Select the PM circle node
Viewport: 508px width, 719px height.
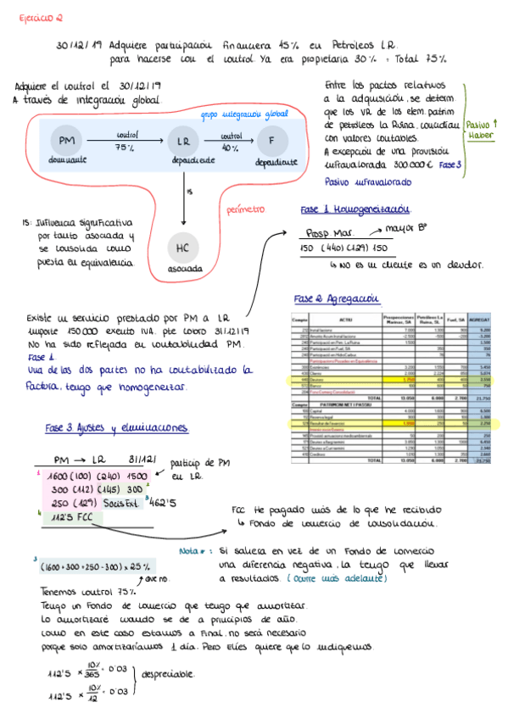pos(66,141)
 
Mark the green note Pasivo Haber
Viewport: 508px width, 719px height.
pos(485,129)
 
